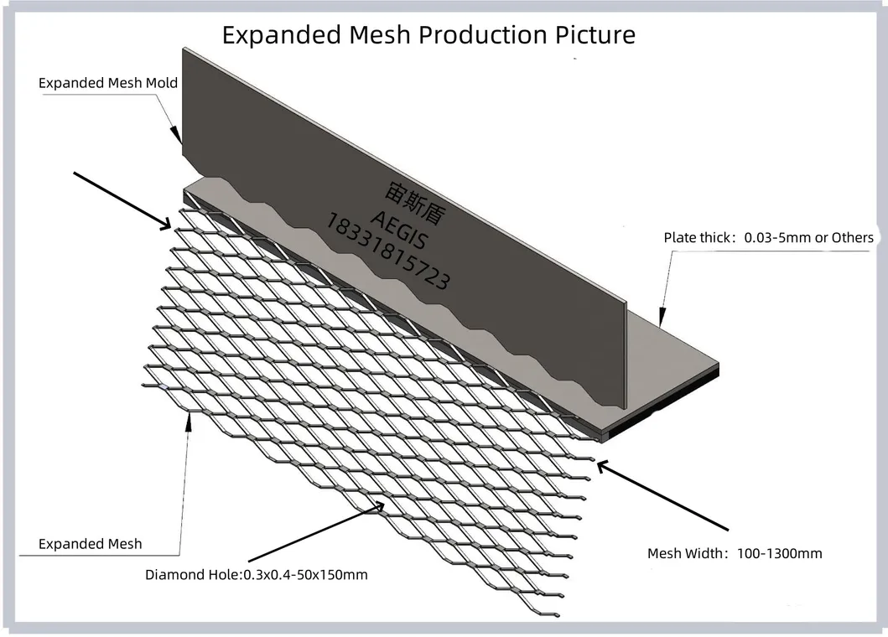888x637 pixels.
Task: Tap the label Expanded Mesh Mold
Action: click(x=107, y=83)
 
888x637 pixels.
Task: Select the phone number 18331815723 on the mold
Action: click(x=387, y=251)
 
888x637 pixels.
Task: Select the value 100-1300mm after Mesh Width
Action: click(x=779, y=553)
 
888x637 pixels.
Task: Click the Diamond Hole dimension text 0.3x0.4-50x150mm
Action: click(x=305, y=575)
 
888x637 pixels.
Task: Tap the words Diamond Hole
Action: click(x=192, y=575)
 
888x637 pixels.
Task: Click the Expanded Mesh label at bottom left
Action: click(x=90, y=544)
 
